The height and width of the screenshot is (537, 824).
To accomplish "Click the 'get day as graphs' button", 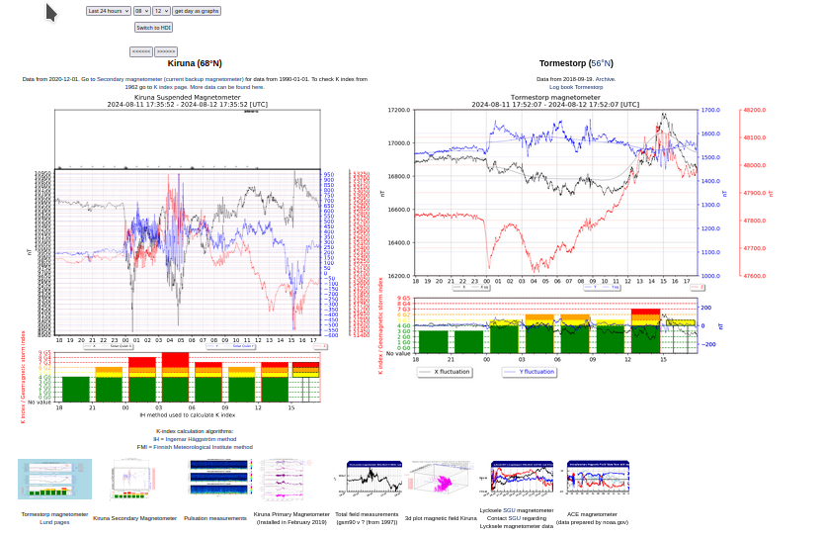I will (197, 11).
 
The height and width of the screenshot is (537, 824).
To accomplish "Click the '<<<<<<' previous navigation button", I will (141, 50).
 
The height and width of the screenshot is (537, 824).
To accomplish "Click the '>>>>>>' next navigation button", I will (166, 50).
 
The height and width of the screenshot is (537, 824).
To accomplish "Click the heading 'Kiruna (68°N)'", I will (194, 63).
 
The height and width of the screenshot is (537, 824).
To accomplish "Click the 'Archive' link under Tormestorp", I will (605, 79).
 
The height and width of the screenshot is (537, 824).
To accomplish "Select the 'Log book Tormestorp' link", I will (576, 87).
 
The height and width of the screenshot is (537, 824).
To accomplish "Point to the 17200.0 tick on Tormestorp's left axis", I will (399, 111).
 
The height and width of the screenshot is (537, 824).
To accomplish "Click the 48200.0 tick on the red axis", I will (755, 111).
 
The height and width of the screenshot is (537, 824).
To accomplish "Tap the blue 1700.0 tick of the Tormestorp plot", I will (710, 111).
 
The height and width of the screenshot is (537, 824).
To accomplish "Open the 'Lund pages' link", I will (54, 522).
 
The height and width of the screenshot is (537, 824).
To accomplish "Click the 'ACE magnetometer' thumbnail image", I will (599, 479).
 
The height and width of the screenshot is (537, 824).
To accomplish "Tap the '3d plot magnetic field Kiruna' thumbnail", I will (442, 479).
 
